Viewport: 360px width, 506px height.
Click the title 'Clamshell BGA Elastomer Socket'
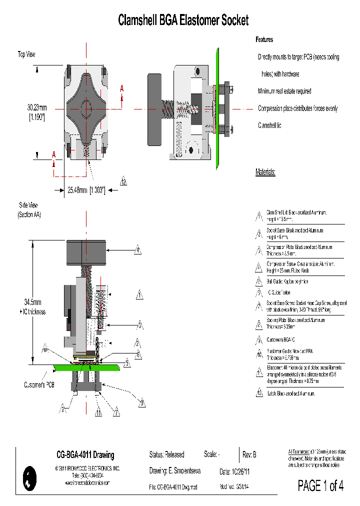(183, 20)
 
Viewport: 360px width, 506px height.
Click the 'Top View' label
(26, 54)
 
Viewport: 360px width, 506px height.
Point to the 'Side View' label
(28, 205)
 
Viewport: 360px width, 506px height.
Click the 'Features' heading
(264, 39)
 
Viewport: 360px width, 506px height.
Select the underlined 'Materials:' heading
(265, 172)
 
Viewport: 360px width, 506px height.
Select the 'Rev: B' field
(249, 454)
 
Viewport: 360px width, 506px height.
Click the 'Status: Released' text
(166, 454)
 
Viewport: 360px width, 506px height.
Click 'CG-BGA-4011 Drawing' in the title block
(85, 455)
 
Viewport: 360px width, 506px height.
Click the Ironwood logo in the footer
(30, 478)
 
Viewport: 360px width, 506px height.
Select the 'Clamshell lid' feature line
(269, 125)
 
